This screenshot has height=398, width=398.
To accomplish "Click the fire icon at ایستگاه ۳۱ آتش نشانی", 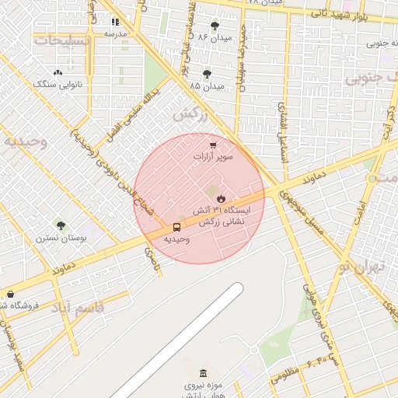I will pos(221,197).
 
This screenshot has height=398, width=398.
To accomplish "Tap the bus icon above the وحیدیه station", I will pos(177,228).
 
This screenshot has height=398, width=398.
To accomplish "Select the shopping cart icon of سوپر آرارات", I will pos(213,145).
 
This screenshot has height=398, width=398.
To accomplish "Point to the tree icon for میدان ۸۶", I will pos(215,26).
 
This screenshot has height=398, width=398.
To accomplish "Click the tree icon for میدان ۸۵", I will pos(207,75).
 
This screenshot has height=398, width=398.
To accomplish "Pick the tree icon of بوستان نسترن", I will pos(61,225).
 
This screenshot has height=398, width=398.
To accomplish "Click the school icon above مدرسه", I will pos(116,23).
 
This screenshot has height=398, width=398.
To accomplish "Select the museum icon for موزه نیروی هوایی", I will pos(204,373).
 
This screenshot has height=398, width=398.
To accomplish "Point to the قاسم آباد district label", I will pos(78,307).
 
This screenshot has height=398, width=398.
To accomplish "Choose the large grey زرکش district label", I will pos(191,114).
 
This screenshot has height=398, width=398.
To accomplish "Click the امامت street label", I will pos(358,211).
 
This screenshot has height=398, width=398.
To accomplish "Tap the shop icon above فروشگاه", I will pos(10,294).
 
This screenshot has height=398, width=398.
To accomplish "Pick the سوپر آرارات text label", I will pos(214,157).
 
